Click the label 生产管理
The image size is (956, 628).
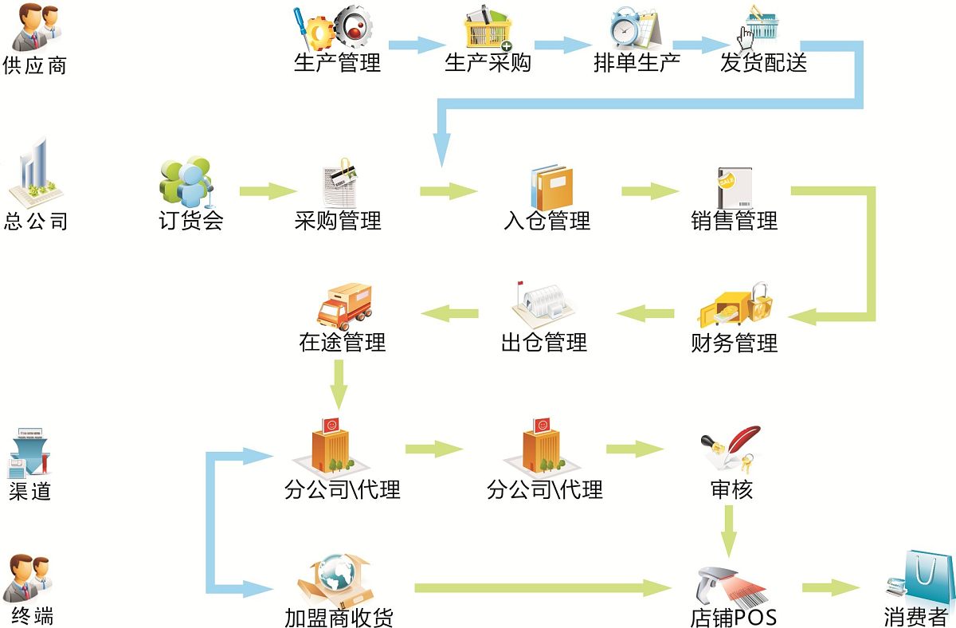pyautogui.click(x=337, y=63)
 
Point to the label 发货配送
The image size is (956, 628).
pyautogui.click(x=763, y=63)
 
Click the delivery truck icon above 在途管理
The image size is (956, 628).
pyautogui.click(x=344, y=306)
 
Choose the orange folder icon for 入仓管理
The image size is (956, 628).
pyautogui.click(x=551, y=186)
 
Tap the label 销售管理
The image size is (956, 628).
pyautogui.click(x=734, y=220)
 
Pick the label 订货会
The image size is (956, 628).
pyautogui.click(x=191, y=220)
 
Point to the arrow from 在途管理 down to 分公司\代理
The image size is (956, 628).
pyautogui.click(x=340, y=383)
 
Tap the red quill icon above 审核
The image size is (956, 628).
pyautogui.click(x=730, y=449)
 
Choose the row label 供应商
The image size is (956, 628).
pyautogui.click(x=34, y=65)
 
